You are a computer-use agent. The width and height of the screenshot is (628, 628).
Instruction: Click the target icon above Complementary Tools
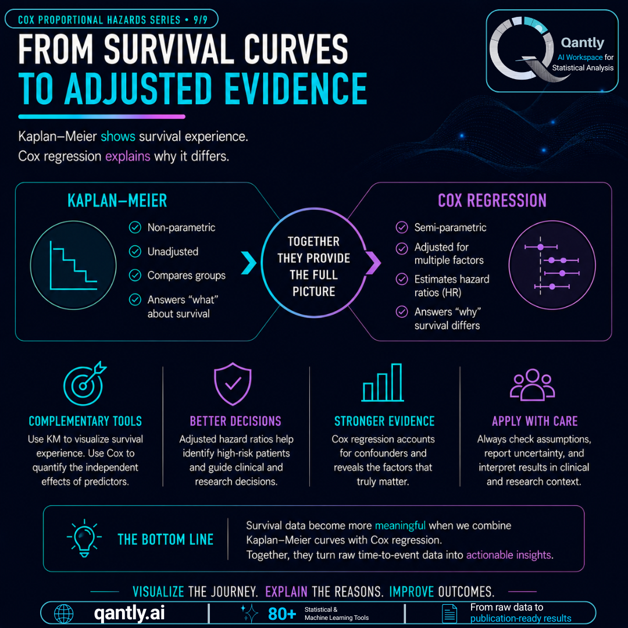coord(84,384)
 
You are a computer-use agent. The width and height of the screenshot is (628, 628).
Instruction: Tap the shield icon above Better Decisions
coord(233,384)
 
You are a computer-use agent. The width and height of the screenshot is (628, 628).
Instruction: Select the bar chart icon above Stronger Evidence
coord(383,383)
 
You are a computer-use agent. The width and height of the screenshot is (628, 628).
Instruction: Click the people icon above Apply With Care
coord(532,384)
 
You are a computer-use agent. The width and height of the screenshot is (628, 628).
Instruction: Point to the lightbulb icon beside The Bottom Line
coord(84,538)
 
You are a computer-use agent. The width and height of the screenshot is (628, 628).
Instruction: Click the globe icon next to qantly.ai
coord(64,613)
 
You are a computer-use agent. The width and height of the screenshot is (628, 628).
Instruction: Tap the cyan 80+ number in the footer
coord(282,613)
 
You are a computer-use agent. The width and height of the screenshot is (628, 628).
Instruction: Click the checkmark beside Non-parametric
coord(135,227)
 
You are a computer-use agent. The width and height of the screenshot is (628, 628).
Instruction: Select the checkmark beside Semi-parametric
coord(402,227)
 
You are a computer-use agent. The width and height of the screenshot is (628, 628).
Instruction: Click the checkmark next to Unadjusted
coord(135,252)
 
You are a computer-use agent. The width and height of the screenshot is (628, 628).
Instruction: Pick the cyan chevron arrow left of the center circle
coord(249,263)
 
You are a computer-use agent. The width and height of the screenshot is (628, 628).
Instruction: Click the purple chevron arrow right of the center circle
coord(373,263)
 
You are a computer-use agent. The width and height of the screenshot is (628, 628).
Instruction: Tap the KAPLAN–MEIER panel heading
coord(117,201)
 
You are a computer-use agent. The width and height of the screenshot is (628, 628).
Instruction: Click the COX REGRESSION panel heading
coord(493,201)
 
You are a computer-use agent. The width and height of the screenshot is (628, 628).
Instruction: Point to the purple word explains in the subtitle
coord(128,156)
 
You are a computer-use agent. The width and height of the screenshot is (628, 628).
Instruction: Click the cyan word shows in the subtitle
coord(117,137)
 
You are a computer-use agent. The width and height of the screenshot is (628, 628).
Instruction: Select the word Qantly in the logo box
coord(582,43)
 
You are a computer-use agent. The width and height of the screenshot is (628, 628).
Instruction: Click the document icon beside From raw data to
coord(449,613)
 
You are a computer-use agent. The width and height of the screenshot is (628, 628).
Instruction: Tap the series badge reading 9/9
coord(200,20)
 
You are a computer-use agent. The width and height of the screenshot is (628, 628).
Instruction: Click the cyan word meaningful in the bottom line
coord(400,526)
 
